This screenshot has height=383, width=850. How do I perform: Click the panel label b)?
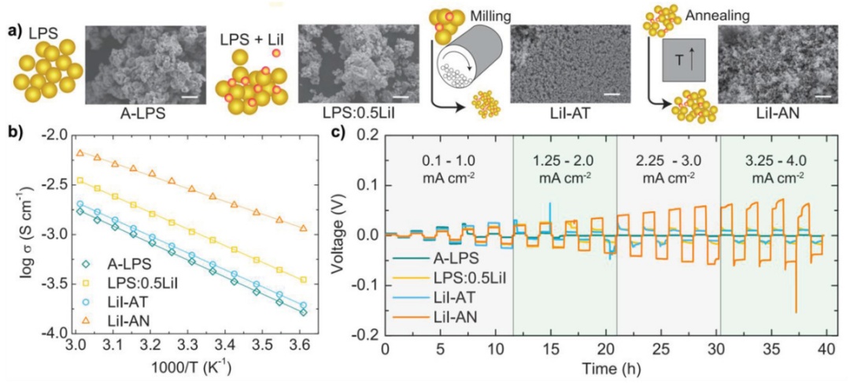[15, 132]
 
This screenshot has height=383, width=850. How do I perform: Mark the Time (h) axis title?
[604, 367]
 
